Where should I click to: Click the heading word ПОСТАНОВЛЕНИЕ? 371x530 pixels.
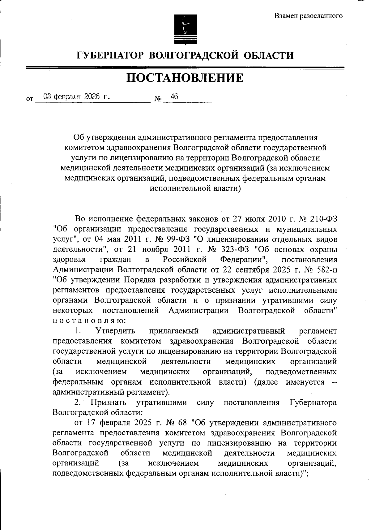[x=185, y=78]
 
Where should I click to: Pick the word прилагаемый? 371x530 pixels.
[x=174, y=331]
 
